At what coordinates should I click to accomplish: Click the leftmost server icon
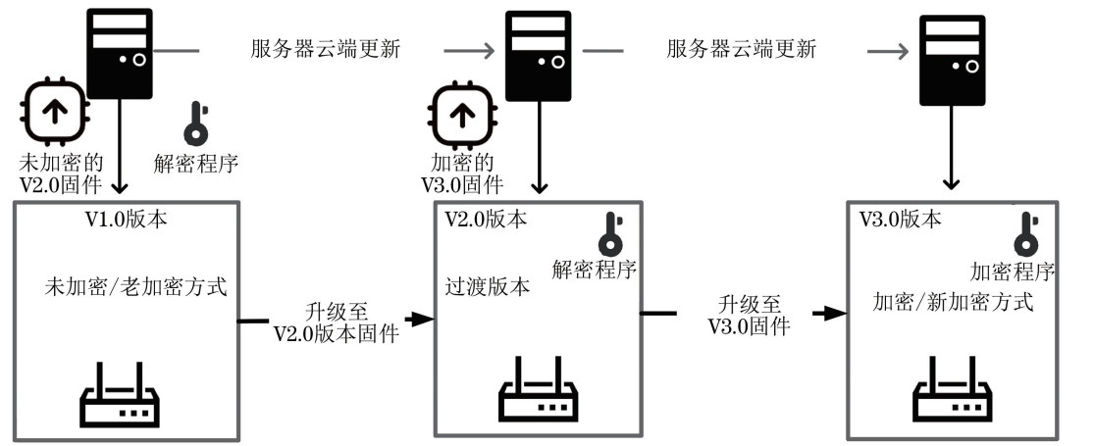(121, 53)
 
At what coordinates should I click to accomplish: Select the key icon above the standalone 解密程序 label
(195, 124)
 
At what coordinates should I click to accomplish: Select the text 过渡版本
(488, 287)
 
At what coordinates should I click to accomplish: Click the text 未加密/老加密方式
(136, 288)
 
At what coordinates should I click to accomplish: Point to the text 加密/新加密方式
(953, 301)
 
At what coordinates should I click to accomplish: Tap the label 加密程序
(1013, 271)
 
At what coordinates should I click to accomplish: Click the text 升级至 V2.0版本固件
(336, 323)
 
